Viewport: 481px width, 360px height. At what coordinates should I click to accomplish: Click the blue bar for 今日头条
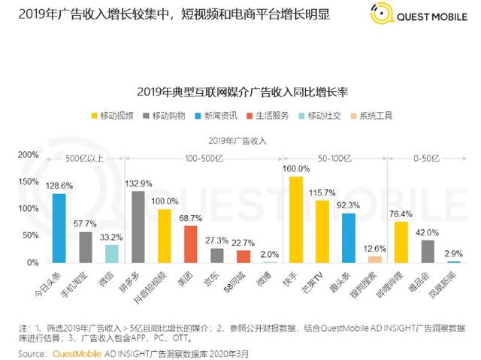click(x=59, y=228)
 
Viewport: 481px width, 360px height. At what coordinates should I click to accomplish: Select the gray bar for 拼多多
click(x=138, y=226)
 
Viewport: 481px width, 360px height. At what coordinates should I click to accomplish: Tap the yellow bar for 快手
click(x=296, y=219)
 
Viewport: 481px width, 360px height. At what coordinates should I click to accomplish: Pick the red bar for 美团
click(x=191, y=244)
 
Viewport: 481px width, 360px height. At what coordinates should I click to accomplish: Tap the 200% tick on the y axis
click(x=28, y=154)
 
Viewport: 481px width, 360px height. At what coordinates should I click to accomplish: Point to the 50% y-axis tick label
click(x=30, y=236)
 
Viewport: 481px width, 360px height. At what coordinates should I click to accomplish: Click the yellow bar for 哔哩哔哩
click(x=401, y=241)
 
